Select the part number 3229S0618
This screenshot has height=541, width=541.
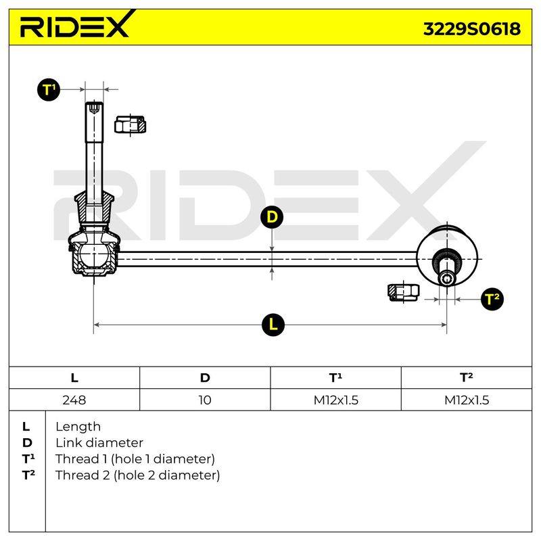[471, 29]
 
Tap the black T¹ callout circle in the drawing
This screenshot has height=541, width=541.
[49, 90]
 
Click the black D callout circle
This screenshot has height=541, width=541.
[272, 217]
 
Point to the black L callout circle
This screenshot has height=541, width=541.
[273, 325]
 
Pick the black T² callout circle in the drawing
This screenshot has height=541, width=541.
[492, 299]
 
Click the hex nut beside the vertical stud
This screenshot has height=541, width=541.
[130, 124]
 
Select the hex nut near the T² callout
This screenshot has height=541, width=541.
[403, 293]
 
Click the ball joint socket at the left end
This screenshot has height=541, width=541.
[93, 255]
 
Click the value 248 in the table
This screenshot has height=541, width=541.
[74, 400]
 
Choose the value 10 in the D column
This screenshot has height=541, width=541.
[205, 400]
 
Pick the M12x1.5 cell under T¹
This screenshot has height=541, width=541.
[335, 400]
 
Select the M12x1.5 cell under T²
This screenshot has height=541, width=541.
[467, 400]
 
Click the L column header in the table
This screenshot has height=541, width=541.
[74, 378]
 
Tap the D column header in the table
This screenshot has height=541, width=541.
[205, 378]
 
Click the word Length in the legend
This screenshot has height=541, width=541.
[78, 427]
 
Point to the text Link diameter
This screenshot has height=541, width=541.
[99, 443]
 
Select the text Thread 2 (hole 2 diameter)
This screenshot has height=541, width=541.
[138, 475]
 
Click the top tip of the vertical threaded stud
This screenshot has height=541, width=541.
[94, 103]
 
